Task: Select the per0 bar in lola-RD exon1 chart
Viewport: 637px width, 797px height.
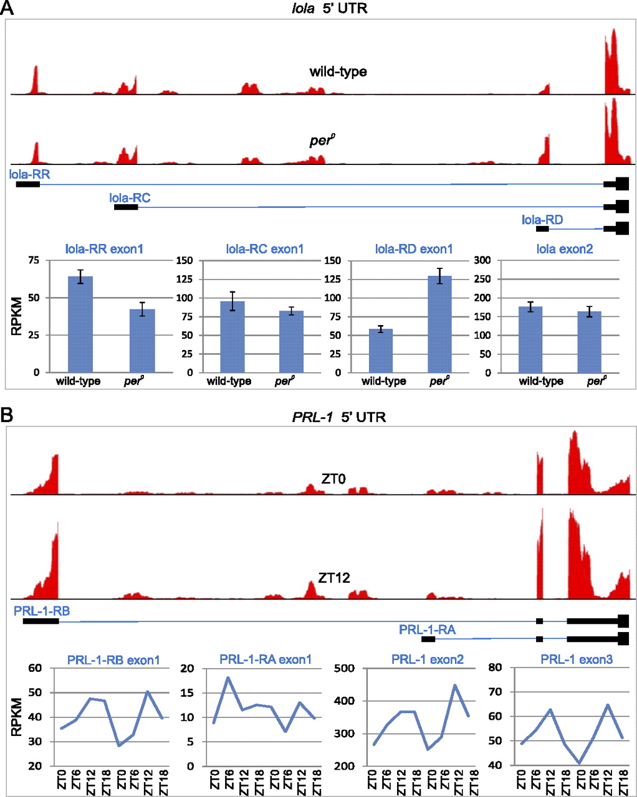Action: (439, 324)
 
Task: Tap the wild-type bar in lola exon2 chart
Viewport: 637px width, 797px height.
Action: (530, 339)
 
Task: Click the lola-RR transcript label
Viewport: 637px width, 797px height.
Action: (30, 174)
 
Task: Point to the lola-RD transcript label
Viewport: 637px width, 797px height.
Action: (542, 219)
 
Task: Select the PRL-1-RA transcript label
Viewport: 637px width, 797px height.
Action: (427, 630)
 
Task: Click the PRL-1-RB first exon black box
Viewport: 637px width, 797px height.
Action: (41, 621)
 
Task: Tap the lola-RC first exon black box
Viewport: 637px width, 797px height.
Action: (126, 207)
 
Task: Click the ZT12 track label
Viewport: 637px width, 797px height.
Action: (334, 578)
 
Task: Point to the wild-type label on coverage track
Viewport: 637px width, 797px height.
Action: (338, 72)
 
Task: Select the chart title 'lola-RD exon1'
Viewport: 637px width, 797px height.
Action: (414, 249)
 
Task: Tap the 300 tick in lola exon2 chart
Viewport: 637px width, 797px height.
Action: (484, 260)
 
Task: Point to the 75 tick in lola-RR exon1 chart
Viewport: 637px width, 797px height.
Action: (32, 260)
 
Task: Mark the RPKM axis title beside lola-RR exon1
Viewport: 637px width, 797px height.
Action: (16, 317)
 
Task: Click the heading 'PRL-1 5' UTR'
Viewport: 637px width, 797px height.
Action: (338, 417)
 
